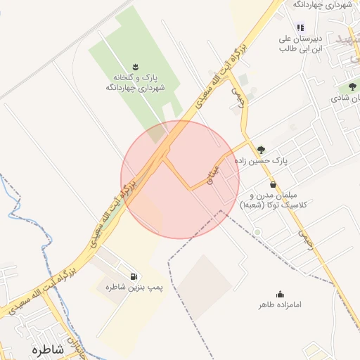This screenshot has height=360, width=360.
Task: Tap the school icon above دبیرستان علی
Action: [x=300, y=27]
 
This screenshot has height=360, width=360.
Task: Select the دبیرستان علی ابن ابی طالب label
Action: [x=300, y=43]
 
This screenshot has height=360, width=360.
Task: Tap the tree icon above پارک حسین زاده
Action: [x=262, y=149]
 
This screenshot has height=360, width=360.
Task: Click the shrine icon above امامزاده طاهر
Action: [x=280, y=294]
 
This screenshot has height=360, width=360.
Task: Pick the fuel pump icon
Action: [x=134, y=276]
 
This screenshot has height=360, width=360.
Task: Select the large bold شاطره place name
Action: [x=48, y=349]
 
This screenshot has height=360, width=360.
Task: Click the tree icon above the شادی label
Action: [x=352, y=87]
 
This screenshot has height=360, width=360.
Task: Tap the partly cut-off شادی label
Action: [x=347, y=98]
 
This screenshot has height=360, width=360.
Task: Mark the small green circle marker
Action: [x=257, y=232]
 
